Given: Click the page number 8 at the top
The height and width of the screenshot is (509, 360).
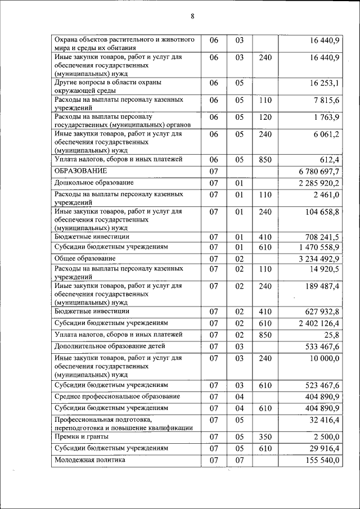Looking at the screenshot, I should [x=192, y=16].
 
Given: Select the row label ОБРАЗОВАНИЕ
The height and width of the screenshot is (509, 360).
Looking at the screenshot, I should [x=80, y=170].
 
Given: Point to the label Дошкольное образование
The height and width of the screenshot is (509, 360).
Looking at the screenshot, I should [x=94, y=183].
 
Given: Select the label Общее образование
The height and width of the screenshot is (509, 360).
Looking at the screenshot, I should [x=85, y=258].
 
